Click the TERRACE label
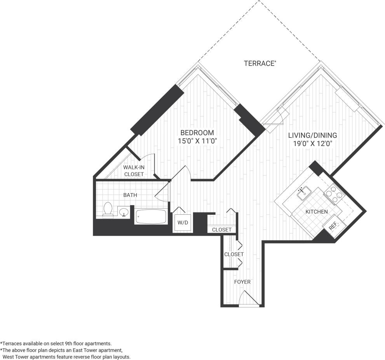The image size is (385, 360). coord(260,63)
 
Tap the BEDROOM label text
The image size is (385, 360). coord(197,133)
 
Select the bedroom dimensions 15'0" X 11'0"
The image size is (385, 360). coord(197,141)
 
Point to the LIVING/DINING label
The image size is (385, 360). coord(312,136)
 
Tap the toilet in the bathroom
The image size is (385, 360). coord(108,209)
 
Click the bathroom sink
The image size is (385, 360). coord(124,212)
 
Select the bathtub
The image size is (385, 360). coord(151,217)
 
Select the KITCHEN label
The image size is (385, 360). coord(317,212)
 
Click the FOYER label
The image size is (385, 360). coord(242,282)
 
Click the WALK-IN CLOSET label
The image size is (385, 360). coord(133,171)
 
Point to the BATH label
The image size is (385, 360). coord(130,195)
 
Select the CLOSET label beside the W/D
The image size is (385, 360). coord(222,230)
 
